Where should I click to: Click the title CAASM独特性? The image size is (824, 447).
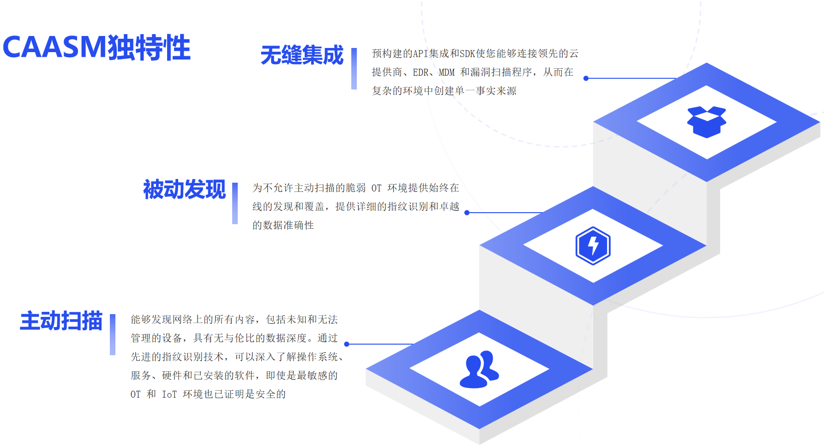[x=96, y=47]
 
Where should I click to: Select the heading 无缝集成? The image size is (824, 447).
[x=302, y=55]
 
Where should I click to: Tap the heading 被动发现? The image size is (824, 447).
[x=184, y=190]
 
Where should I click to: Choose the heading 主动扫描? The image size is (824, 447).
[x=61, y=321]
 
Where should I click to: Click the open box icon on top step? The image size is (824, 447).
[x=706, y=122]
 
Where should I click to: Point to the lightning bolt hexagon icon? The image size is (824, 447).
[x=593, y=246]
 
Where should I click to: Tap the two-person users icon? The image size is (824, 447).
[x=479, y=370]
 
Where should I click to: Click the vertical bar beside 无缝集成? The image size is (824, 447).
[x=354, y=69]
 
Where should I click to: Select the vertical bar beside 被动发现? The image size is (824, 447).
[x=235, y=203]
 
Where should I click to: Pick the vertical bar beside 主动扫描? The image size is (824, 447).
[x=113, y=334]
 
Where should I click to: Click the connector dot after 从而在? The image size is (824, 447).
[x=586, y=78]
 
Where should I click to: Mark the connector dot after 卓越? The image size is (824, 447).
[x=467, y=213]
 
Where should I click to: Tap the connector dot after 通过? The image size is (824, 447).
[x=347, y=344]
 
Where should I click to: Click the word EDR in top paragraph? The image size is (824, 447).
[x=421, y=72]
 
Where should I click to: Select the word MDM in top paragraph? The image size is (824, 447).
[x=446, y=72]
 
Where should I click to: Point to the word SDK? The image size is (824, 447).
[x=467, y=54]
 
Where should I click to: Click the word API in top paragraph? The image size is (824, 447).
[x=420, y=54]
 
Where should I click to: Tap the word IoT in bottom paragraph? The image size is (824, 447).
[x=169, y=394]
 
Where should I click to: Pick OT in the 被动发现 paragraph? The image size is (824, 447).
[x=376, y=188]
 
